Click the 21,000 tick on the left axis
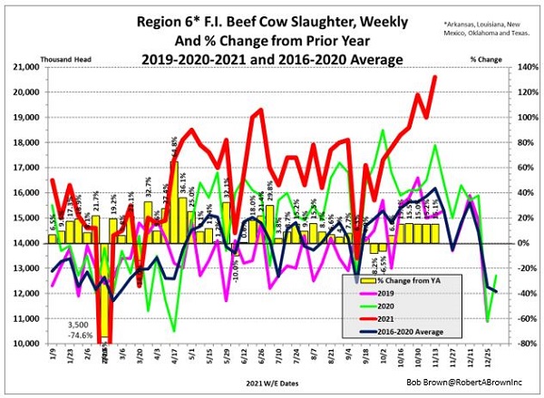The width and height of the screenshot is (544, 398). (x=25, y=67)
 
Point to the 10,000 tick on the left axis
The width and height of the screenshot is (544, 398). (x=25, y=344)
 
